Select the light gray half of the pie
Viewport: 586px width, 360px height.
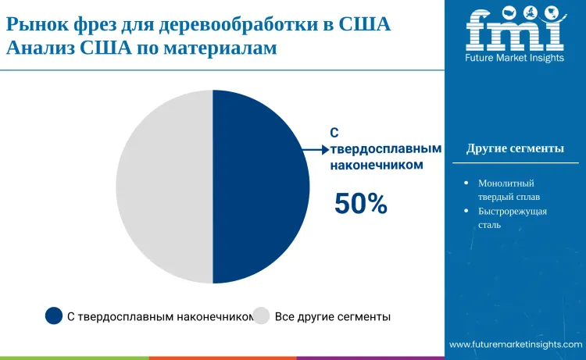click(x=164, y=187)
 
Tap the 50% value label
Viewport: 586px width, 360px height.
click(x=361, y=204)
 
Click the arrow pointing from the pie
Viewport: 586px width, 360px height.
click(x=316, y=150)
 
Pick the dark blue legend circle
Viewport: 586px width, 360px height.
click(x=54, y=315)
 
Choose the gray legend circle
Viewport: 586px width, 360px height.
click(x=261, y=315)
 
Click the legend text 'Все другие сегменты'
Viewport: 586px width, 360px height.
click(x=333, y=317)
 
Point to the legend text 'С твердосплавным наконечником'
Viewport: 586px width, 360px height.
click(x=160, y=317)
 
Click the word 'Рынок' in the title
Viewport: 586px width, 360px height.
click(x=38, y=24)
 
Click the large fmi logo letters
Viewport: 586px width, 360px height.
click(x=515, y=29)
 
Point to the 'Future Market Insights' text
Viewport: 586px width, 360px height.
click(x=515, y=58)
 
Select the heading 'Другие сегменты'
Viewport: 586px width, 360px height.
click(x=515, y=148)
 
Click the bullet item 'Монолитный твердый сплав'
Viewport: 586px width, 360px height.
click(x=509, y=190)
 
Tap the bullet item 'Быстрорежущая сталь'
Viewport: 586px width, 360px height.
click(x=513, y=218)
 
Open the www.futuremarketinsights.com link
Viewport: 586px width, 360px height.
click(x=516, y=344)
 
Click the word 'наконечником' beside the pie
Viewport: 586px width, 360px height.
click(x=377, y=165)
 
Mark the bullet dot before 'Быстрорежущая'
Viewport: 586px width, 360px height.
click(x=466, y=211)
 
